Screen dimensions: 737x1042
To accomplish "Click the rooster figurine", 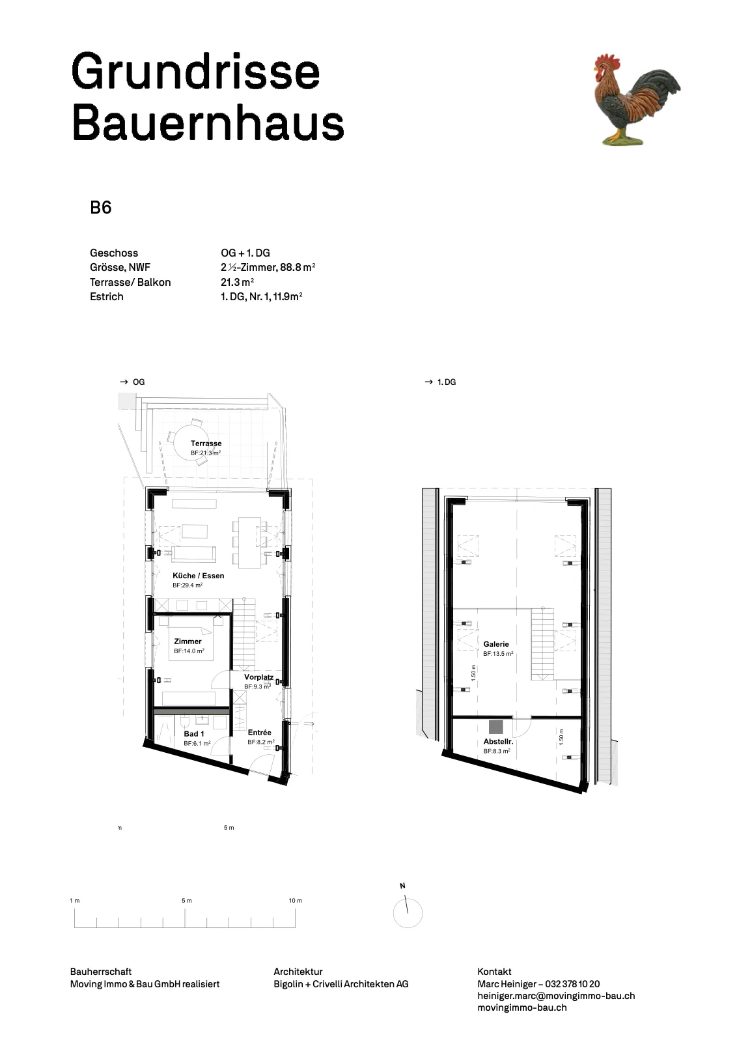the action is point(637,100).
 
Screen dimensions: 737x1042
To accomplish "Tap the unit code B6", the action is point(100,208).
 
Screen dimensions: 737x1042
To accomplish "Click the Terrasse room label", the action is point(206,444).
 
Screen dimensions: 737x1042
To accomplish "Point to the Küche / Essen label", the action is point(198,576).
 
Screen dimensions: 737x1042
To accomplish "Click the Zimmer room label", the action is point(188,641).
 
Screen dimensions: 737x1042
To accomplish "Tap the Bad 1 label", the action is point(194,733).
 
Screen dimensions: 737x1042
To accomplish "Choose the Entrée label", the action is point(260,732).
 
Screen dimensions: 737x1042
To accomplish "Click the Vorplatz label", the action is point(258,677).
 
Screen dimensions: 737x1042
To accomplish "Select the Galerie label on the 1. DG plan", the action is point(496,644).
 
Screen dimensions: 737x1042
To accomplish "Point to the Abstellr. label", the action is point(498,742).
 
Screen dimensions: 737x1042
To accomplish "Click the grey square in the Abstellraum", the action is point(495,727).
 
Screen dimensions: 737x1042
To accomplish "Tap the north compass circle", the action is point(408,913).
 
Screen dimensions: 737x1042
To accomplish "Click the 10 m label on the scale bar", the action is point(296,901).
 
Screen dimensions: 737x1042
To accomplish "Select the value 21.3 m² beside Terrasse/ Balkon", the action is point(237,282).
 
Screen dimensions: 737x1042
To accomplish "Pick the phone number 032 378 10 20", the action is point(572,984).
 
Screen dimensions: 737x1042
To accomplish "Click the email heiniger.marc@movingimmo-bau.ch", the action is point(556,996).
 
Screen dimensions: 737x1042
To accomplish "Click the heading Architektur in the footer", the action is point(298,972).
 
